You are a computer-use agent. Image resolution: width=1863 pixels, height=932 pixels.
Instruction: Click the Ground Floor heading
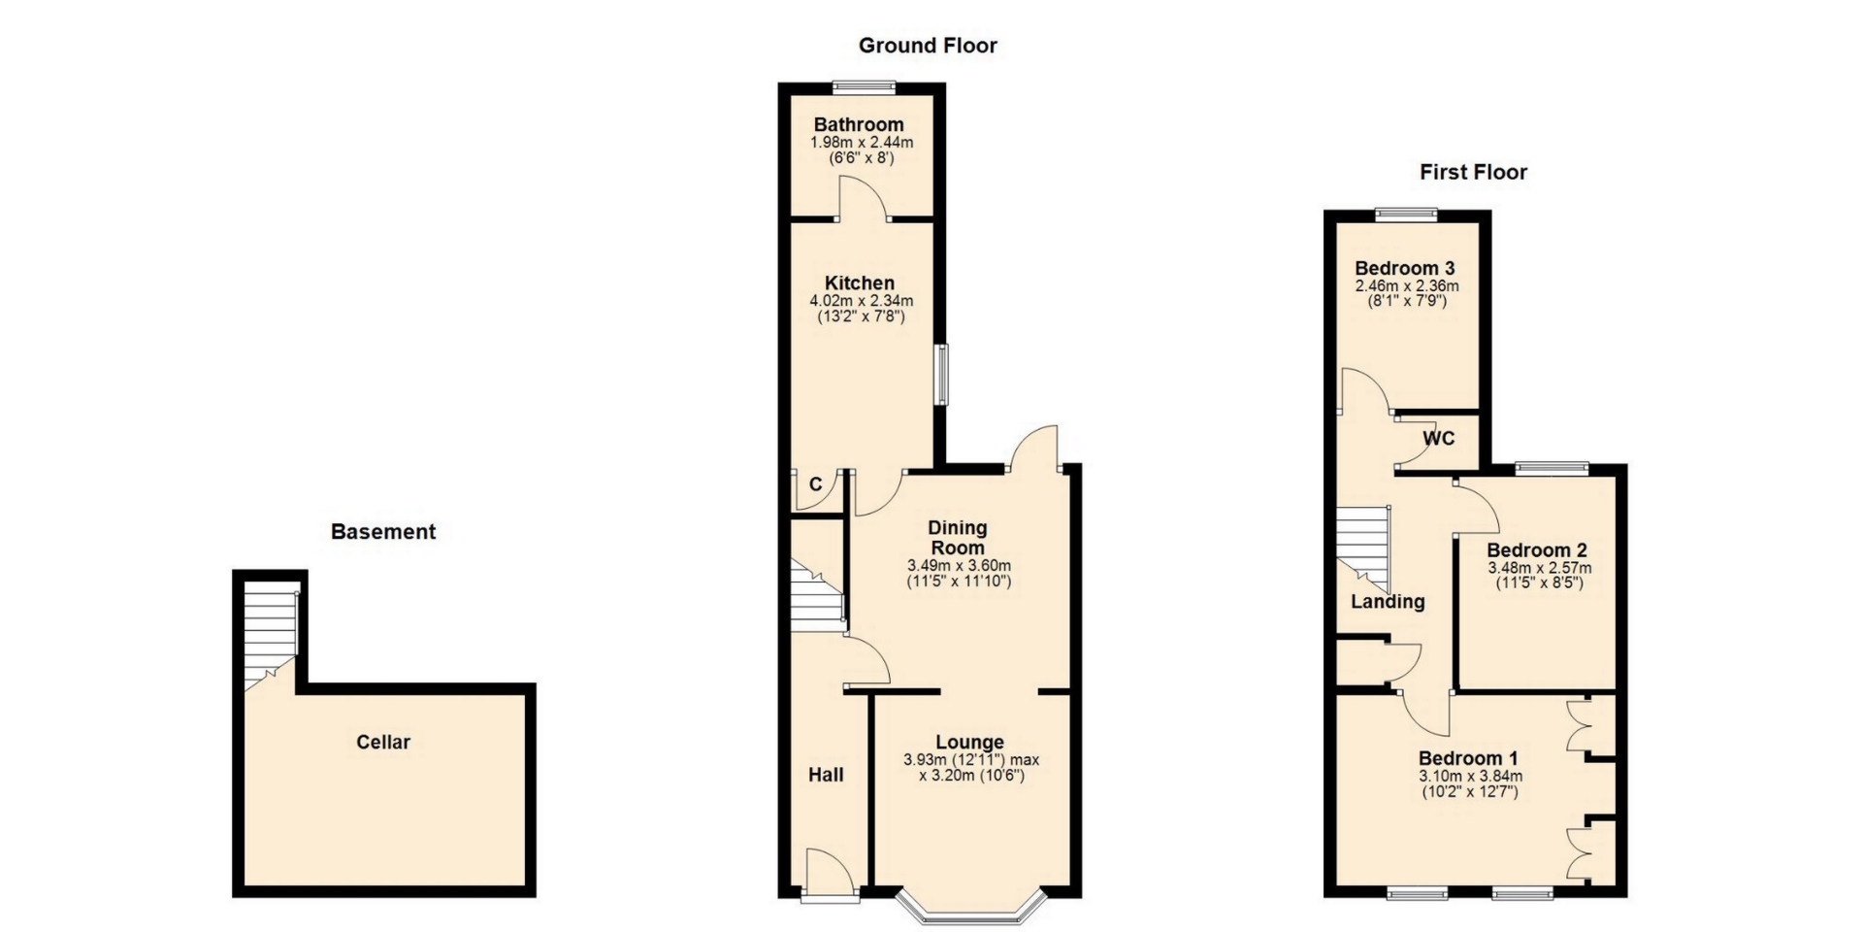click(x=928, y=46)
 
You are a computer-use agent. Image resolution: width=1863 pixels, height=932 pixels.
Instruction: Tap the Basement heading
click(x=383, y=532)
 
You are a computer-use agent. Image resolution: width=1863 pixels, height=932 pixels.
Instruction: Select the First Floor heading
click(x=1473, y=173)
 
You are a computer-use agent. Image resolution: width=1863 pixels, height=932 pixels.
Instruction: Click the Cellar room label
click(x=383, y=743)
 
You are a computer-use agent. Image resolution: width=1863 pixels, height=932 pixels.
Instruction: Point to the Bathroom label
click(x=859, y=124)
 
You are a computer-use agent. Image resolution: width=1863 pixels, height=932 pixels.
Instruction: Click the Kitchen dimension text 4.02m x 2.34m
click(x=862, y=301)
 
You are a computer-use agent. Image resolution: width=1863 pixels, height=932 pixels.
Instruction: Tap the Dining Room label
click(x=958, y=538)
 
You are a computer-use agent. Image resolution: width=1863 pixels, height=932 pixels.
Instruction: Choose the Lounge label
click(x=969, y=743)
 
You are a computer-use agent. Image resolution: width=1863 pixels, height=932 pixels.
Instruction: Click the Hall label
click(x=826, y=775)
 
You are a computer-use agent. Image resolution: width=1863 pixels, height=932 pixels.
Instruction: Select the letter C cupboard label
click(x=815, y=484)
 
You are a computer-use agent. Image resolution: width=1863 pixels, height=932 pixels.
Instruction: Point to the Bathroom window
click(x=866, y=85)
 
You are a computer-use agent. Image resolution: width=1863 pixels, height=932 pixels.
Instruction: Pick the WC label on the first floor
click(x=1439, y=439)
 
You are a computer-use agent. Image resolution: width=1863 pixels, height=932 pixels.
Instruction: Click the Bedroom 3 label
click(x=1404, y=268)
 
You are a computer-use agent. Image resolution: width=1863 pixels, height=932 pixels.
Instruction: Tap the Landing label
click(x=1388, y=602)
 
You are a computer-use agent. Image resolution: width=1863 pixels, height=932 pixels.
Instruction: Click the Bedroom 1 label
click(x=1468, y=758)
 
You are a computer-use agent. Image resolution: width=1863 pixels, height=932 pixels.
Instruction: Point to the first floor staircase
click(x=1364, y=549)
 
